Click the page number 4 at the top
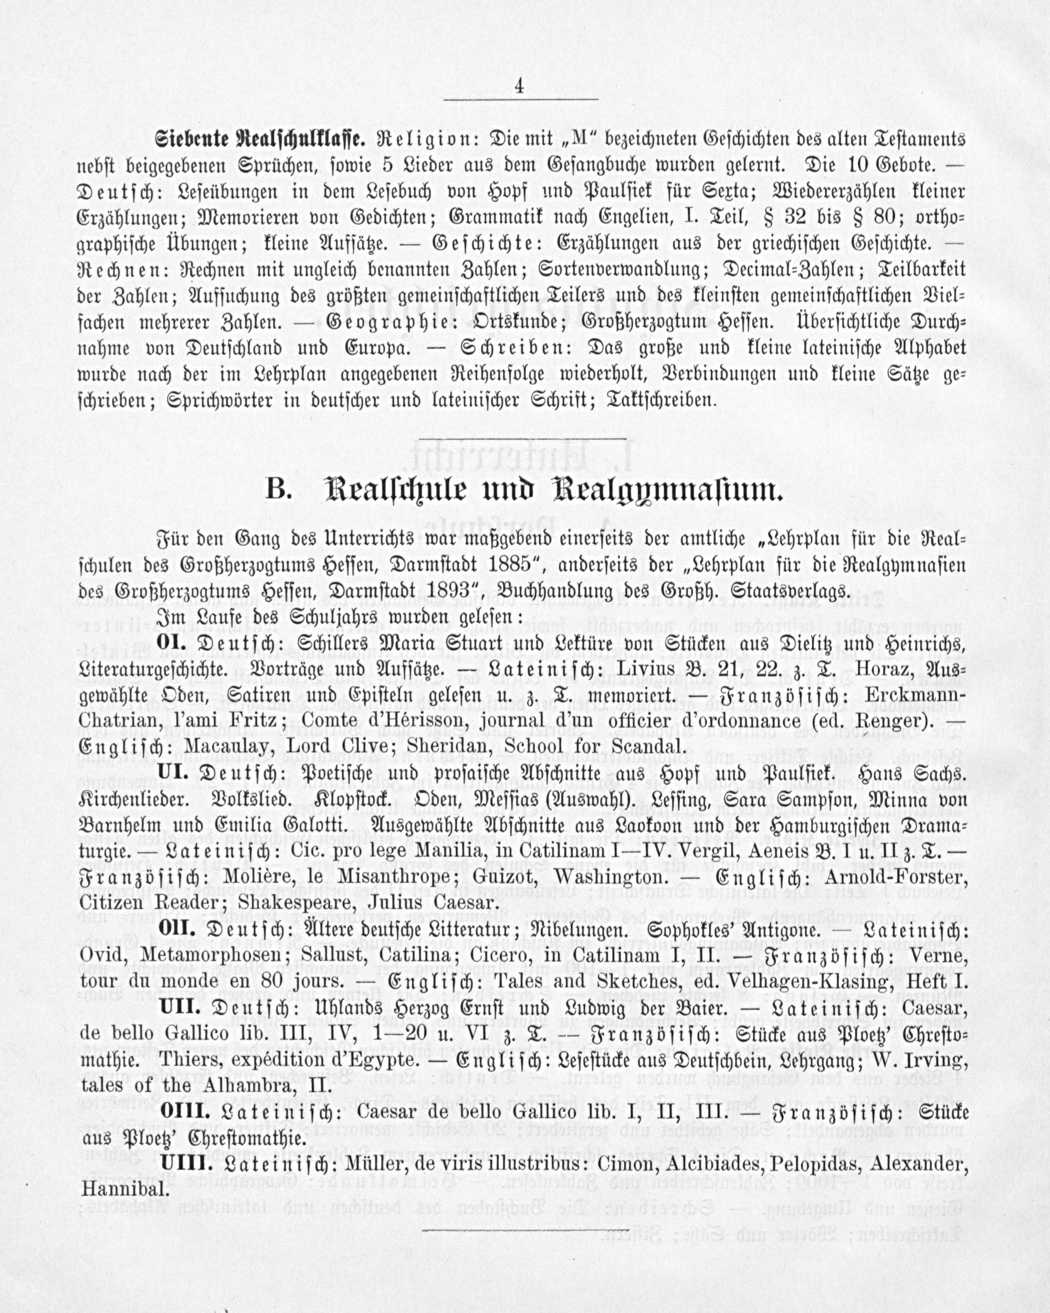tap(519, 87)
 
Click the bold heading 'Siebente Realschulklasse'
tap(260, 140)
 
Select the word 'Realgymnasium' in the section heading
tap(666, 491)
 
